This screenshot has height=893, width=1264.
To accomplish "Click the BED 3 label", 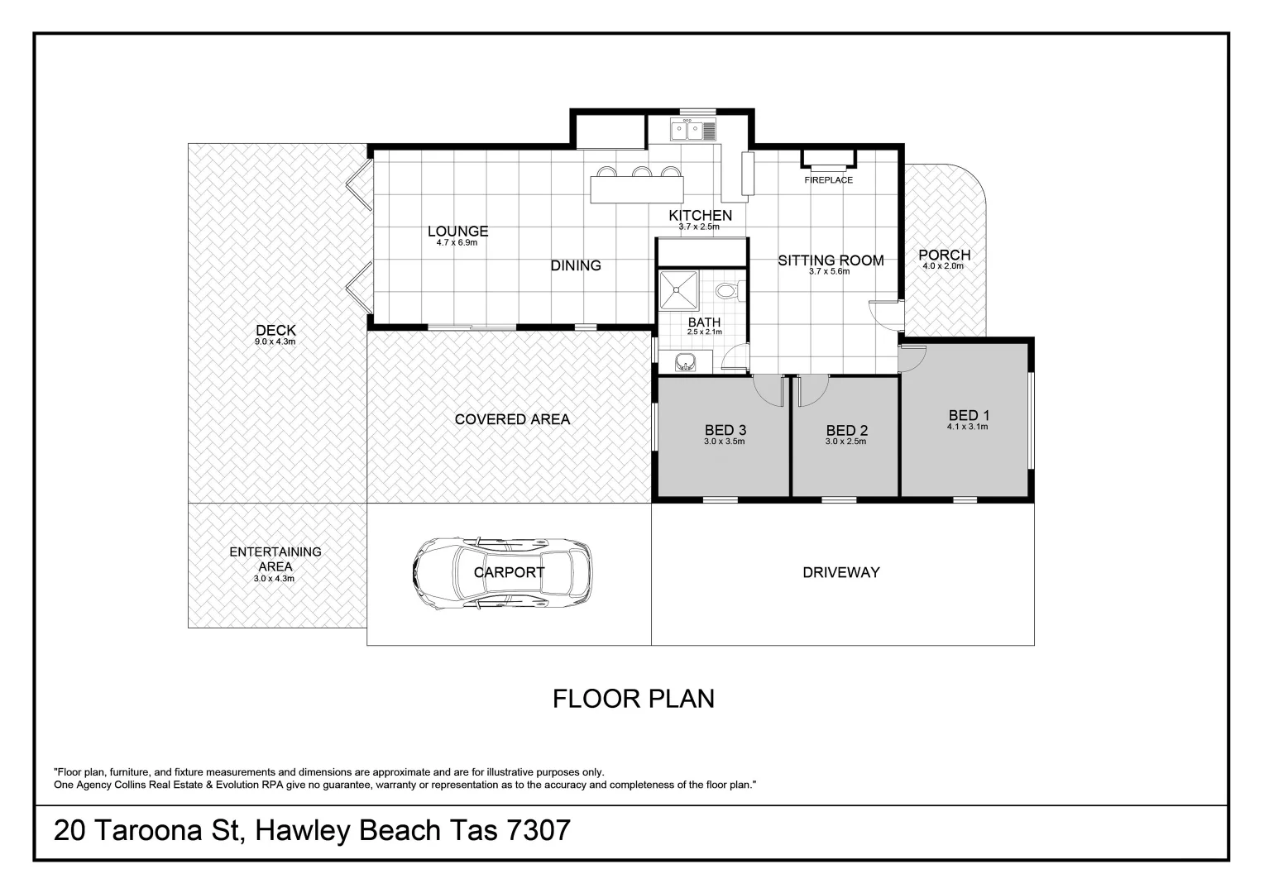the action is pyautogui.click(x=725, y=431).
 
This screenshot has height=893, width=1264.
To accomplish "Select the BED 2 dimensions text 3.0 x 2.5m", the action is pyautogui.click(x=845, y=442).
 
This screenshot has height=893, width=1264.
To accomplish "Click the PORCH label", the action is pyautogui.click(x=945, y=255).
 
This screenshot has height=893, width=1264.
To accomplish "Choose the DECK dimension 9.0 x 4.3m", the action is pyautogui.click(x=275, y=341).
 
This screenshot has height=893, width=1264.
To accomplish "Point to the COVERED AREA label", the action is pyautogui.click(x=512, y=419).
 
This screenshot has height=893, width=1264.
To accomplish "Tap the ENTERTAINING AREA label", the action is pyautogui.click(x=275, y=559).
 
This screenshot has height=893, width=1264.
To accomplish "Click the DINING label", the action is pyautogui.click(x=576, y=265).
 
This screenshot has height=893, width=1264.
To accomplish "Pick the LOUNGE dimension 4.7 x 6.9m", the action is pyautogui.click(x=457, y=242).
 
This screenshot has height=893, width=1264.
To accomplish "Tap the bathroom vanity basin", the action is pyautogui.click(x=685, y=362).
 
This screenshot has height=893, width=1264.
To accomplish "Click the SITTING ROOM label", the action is pyautogui.click(x=831, y=260).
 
